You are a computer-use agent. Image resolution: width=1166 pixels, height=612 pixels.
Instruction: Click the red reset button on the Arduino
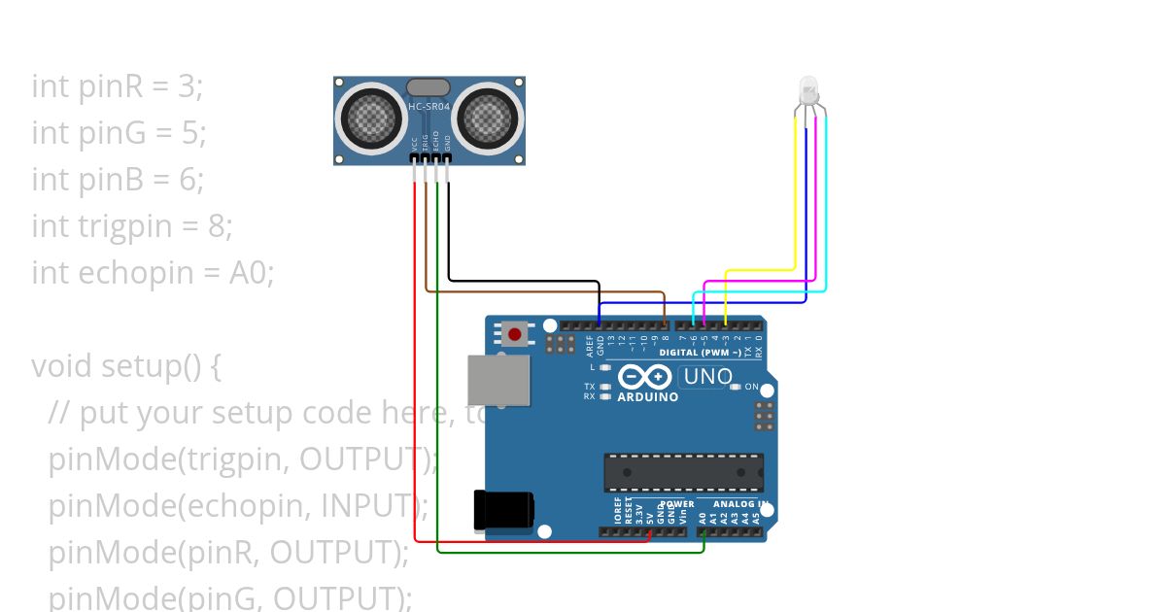pyautogui.click(x=514, y=335)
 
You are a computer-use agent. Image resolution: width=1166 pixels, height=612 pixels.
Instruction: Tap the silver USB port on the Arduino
pyautogui.click(x=499, y=379)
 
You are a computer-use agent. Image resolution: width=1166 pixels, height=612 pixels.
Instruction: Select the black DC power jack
pyautogui.click(x=502, y=510)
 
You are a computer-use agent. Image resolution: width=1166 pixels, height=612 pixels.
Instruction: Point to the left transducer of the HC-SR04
pyautogui.click(x=369, y=119)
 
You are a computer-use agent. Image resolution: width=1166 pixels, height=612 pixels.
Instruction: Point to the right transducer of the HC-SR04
pyautogui.click(x=490, y=119)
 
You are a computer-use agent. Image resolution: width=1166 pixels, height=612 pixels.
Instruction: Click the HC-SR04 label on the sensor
pyautogui.click(x=429, y=106)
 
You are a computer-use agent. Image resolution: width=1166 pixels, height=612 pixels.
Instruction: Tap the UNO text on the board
pyautogui.click(x=708, y=376)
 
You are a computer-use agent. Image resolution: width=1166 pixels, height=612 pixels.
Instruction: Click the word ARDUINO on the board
pyautogui.click(x=648, y=396)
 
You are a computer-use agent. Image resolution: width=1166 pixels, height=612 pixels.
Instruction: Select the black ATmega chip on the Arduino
pyautogui.click(x=683, y=472)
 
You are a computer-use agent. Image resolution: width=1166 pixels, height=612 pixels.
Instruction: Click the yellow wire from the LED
pyautogui.click(x=796, y=194)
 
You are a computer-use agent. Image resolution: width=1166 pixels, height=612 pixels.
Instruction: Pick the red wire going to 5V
pyautogui.click(x=415, y=389)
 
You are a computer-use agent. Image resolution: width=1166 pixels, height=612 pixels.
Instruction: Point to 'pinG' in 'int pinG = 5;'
pyautogui.click(x=109, y=133)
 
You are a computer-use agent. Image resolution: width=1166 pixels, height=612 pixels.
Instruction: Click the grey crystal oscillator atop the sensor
pyautogui.click(x=429, y=87)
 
